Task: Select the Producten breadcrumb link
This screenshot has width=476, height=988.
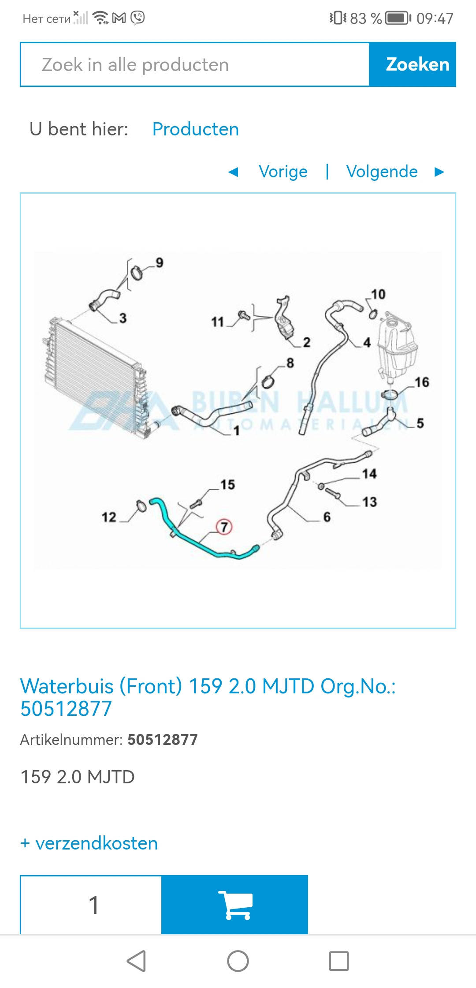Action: (x=196, y=129)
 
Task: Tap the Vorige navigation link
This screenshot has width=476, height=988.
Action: (x=283, y=172)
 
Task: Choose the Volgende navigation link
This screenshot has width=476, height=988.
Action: (x=382, y=172)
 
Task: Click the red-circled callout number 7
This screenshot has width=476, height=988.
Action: (x=224, y=527)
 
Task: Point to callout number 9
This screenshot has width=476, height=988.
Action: (x=160, y=263)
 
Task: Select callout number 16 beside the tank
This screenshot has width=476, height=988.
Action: (x=422, y=382)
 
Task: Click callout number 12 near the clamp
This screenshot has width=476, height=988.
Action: (x=109, y=517)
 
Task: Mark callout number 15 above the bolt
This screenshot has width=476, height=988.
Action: (x=228, y=484)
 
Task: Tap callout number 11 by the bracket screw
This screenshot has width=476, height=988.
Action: (x=217, y=322)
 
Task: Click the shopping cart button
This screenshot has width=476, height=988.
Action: (x=234, y=905)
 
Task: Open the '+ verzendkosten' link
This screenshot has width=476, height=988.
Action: (x=89, y=843)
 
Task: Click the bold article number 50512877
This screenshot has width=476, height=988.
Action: (x=163, y=740)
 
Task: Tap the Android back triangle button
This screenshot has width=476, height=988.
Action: (x=136, y=961)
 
